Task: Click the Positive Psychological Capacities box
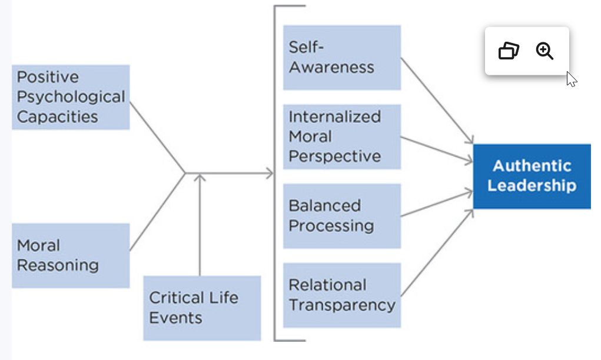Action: pyautogui.click(x=71, y=97)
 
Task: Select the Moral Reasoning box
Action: pyautogui.click(x=71, y=255)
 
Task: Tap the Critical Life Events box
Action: pyautogui.click(x=202, y=308)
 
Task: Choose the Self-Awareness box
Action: pyautogui.click(x=342, y=58)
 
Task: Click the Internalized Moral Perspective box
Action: pyautogui.click(x=342, y=136)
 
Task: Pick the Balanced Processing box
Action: pyautogui.click(x=342, y=216)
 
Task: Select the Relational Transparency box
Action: pyautogui.click(x=342, y=295)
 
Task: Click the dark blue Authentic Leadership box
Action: pyautogui.click(x=532, y=176)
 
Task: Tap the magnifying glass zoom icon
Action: pyautogui.click(x=544, y=51)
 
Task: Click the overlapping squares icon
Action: pyautogui.click(x=509, y=51)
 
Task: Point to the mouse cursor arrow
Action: pyautogui.click(x=572, y=79)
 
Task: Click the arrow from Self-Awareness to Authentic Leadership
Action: pyautogui.click(x=437, y=101)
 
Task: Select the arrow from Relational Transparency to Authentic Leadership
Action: pyautogui.click(x=437, y=253)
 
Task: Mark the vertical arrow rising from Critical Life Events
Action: pyautogui.click(x=200, y=225)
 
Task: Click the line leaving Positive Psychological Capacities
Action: pyautogui.click(x=158, y=138)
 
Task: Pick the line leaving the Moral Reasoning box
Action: pyautogui.click(x=158, y=212)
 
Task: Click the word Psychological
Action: pyautogui.click(x=71, y=97)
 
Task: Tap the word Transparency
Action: pyautogui.click(x=342, y=305)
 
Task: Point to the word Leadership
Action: pyautogui.click(x=532, y=186)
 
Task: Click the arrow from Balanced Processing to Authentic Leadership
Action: pyautogui.click(x=437, y=204)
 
